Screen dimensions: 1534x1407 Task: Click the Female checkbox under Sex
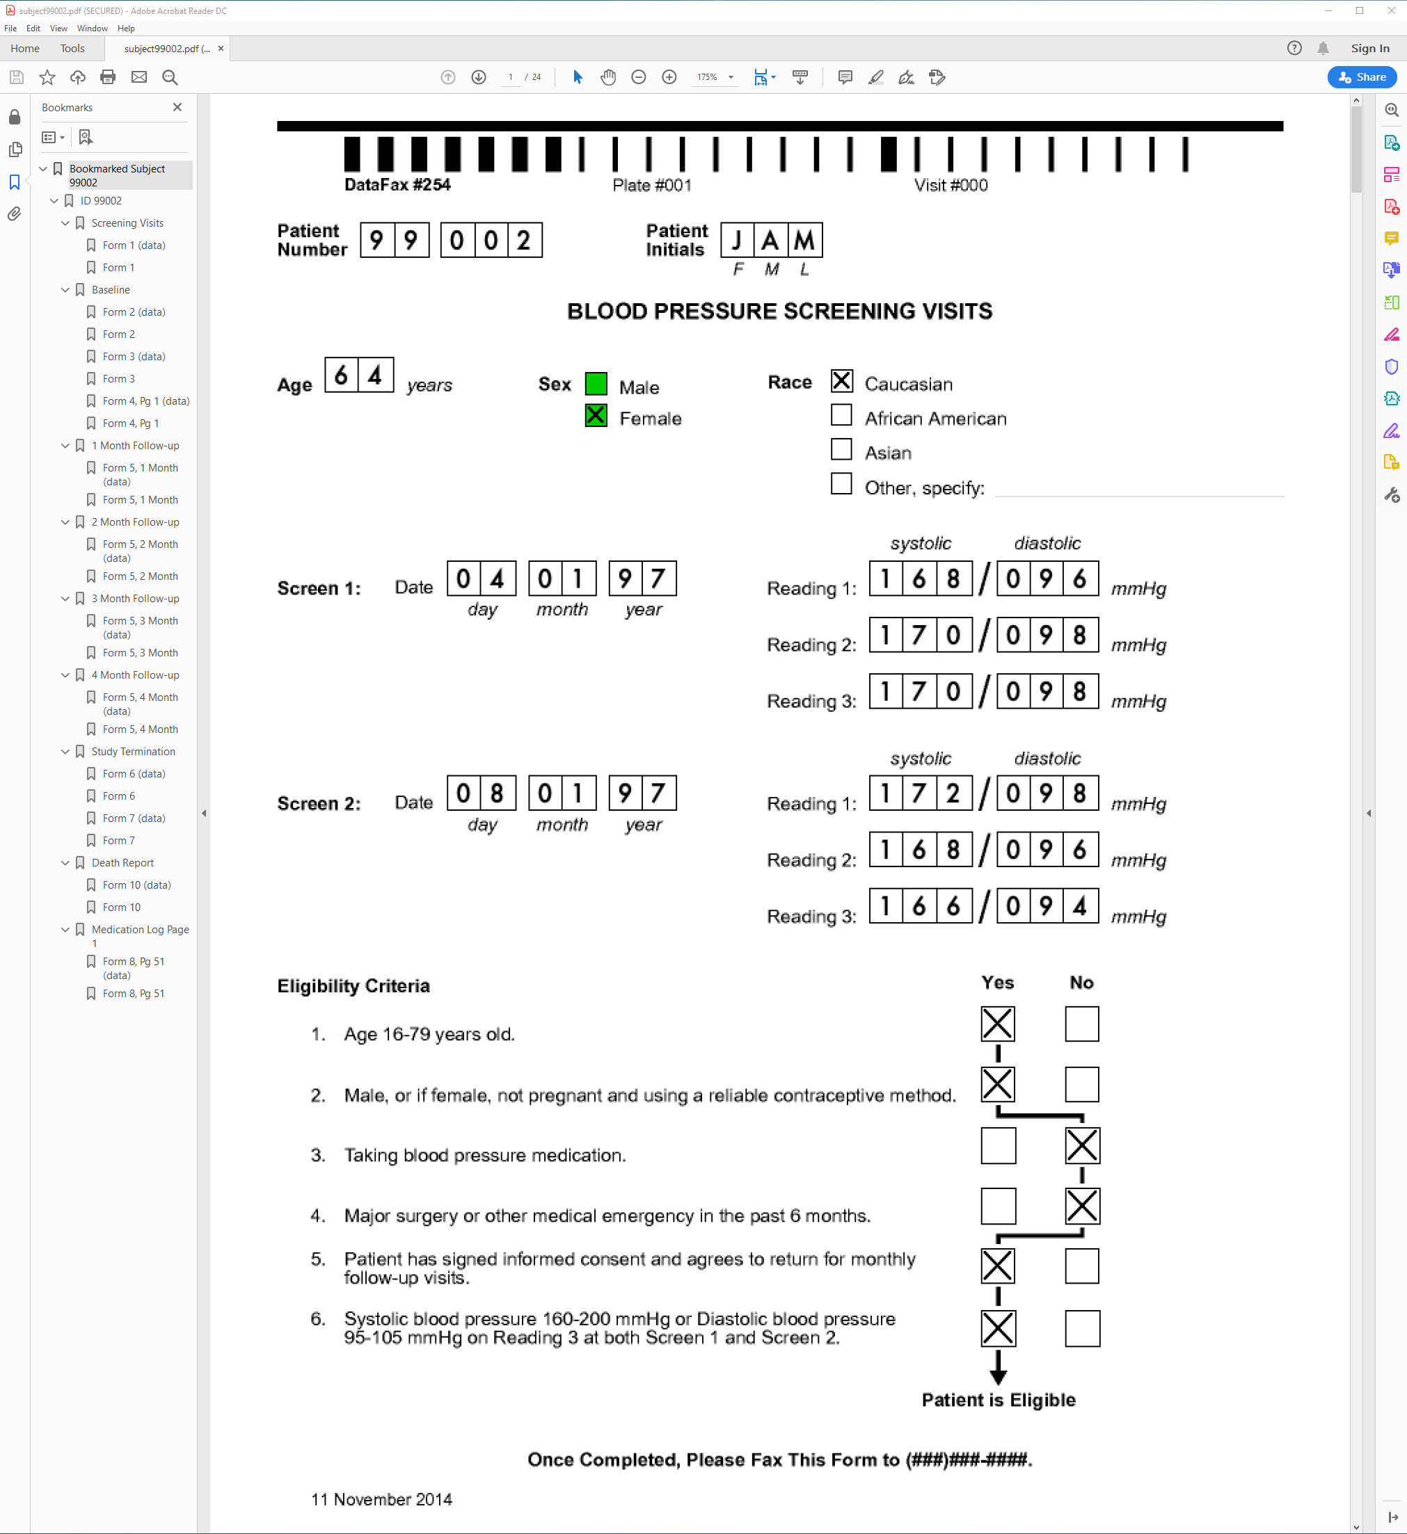[596, 417]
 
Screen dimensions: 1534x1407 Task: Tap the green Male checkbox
[596, 384]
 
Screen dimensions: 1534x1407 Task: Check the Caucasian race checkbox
[841, 381]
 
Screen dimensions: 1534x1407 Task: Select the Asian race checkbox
[841, 450]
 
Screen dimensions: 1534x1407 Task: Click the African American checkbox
[841, 415]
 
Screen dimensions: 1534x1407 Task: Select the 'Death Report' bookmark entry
[122, 863]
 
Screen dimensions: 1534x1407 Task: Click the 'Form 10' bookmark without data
[122, 907]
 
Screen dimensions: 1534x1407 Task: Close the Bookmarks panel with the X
[177, 107]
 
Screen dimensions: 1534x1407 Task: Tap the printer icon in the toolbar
[108, 77]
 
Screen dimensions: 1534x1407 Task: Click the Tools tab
[72, 49]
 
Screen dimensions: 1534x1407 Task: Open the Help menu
[126, 28]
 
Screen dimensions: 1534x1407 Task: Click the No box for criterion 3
[1082, 1146]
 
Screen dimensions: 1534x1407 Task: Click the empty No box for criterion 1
[1082, 1024]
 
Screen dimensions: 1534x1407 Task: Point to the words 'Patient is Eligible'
[998, 1400]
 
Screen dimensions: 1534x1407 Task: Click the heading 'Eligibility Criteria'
[353, 986]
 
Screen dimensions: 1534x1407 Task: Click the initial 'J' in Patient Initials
[737, 241]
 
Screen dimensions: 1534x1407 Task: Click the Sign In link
[1369, 49]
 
